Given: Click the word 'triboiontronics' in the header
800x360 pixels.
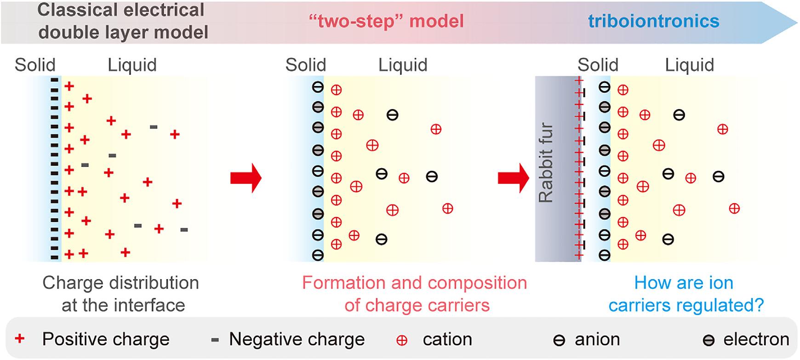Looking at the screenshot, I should pyautogui.click(x=653, y=21).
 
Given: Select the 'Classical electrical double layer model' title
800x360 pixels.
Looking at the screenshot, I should pyautogui.click(x=122, y=21).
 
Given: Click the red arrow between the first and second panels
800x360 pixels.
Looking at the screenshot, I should pyautogui.click(x=246, y=178).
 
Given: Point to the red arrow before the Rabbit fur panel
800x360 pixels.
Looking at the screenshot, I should pyautogui.click(x=514, y=178).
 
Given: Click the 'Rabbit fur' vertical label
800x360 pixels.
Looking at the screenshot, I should pyautogui.click(x=546, y=163).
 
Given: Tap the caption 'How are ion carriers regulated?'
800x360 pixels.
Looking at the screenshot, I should pyautogui.click(x=686, y=294).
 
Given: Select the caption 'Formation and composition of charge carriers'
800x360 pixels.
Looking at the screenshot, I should pyautogui.click(x=414, y=294).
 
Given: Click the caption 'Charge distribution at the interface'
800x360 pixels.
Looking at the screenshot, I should pyautogui.click(x=121, y=294).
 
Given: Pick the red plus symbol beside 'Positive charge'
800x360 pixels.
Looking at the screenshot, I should pyautogui.click(x=19, y=339).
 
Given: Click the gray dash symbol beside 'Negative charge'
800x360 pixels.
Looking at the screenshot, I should pyautogui.click(x=214, y=340).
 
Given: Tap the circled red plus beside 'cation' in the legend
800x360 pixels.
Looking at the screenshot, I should pyautogui.click(x=401, y=340).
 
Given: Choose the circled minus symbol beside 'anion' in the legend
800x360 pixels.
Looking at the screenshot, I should pyautogui.click(x=559, y=341).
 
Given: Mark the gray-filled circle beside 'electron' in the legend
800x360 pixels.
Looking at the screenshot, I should pyautogui.click(x=709, y=341).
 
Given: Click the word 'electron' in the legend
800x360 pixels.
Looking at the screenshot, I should pyautogui.click(x=756, y=339).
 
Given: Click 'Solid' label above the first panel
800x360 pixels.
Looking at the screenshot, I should pyautogui.click(x=35, y=65).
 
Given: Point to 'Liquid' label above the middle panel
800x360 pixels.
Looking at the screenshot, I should pyautogui.click(x=403, y=65).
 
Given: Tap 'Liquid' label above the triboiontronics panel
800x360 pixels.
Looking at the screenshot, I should pyautogui.click(x=689, y=65).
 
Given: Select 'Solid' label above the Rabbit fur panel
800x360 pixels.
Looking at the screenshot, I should pyautogui.click(x=598, y=65).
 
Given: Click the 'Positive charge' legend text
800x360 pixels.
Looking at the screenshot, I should pyautogui.click(x=106, y=339).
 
